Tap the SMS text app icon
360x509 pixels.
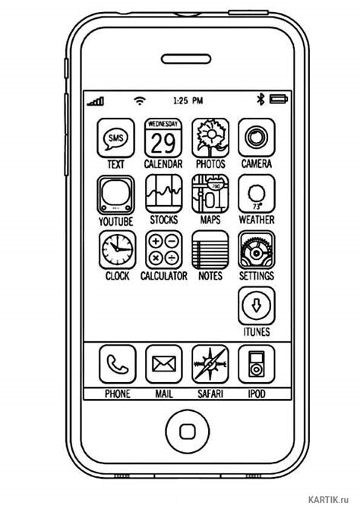click(116, 138)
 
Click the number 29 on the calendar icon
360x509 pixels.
click(163, 143)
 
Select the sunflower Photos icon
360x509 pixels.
click(210, 138)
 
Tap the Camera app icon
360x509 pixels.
click(257, 138)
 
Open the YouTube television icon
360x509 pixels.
click(116, 194)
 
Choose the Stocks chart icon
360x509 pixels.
click(163, 194)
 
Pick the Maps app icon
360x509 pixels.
click(210, 194)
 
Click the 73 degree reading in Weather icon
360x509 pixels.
click(257, 207)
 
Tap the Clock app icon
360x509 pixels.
click(118, 250)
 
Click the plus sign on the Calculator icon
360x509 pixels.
click(156, 241)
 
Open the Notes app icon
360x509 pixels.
click(210, 250)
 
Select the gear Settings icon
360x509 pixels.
click(257, 250)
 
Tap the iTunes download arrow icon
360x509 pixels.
click(257, 305)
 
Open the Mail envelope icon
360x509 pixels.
click(163, 364)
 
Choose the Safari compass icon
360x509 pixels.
click(210, 364)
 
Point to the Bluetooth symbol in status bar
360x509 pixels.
click(261, 99)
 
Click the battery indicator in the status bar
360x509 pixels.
click(279, 99)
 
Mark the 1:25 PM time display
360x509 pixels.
click(188, 100)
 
